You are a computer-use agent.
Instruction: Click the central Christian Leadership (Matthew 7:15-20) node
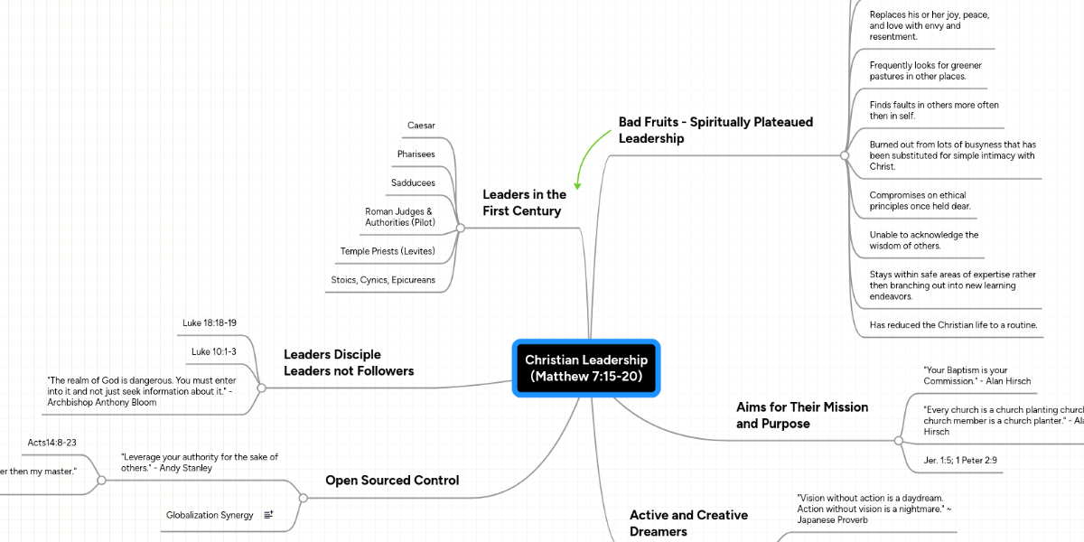[x=586, y=368]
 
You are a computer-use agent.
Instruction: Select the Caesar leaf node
[x=421, y=125]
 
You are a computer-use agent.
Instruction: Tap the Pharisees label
[x=416, y=154]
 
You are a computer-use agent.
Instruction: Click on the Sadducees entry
[x=413, y=182]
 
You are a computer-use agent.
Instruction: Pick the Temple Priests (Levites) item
[x=388, y=251]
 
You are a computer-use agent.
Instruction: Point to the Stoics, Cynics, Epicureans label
[x=383, y=280]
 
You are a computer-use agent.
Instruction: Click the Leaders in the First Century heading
[x=524, y=202]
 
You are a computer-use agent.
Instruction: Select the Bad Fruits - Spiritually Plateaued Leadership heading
[x=715, y=130]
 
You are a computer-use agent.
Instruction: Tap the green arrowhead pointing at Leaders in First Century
[x=577, y=185]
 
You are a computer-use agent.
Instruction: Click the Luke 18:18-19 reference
[x=210, y=322]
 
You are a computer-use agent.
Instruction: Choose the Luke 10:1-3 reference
[x=214, y=351]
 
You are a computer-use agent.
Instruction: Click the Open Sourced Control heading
[x=392, y=481]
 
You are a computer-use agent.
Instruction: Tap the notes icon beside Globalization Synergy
[x=269, y=515]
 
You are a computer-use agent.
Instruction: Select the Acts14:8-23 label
[x=51, y=443]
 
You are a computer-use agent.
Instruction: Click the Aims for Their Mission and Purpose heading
[x=802, y=415]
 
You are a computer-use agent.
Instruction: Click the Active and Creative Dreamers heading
[x=688, y=523]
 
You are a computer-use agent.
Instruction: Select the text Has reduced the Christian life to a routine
[x=953, y=325]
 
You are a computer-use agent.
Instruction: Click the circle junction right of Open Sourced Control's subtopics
[x=304, y=498]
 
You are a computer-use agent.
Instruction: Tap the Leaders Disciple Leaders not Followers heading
[x=349, y=362]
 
